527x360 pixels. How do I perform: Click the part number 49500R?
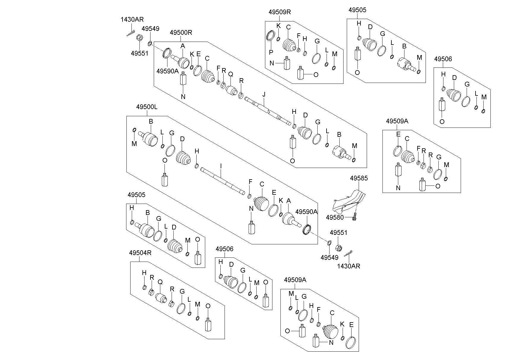[181, 32]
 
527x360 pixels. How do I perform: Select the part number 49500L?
[147, 107]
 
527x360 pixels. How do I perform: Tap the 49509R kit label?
[280, 12]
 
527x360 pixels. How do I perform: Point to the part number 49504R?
[140, 253]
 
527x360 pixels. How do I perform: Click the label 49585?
[359, 178]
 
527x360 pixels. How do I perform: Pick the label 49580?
[335, 217]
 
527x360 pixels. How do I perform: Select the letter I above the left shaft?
[221, 165]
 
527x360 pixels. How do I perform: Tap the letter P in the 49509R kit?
[271, 52]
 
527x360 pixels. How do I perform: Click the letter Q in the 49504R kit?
[160, 282]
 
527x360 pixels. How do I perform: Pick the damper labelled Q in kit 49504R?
[161, 297]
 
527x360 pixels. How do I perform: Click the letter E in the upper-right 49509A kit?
[398, 135]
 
